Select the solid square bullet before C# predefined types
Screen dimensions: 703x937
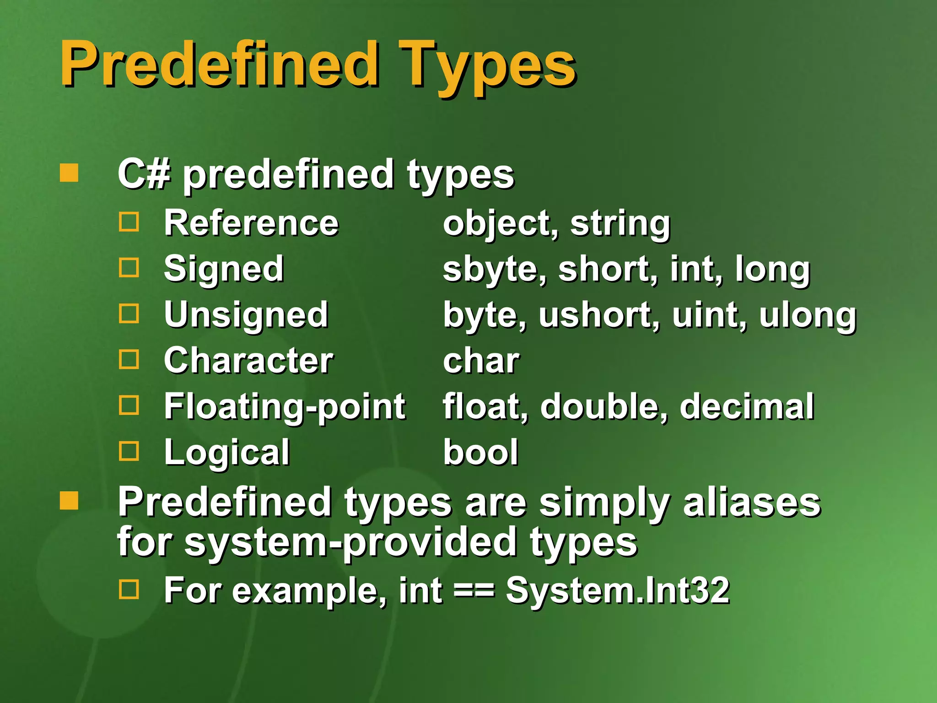pos(69,173)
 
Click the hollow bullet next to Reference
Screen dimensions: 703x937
pos(129,222)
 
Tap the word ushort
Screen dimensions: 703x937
pos(599,315)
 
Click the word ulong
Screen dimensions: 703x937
pos(808,315)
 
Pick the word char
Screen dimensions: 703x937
pos(481,361)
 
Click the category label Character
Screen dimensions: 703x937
pos(248,361)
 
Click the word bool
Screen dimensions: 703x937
pos(480,453)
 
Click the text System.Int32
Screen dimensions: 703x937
pos(618,591)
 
